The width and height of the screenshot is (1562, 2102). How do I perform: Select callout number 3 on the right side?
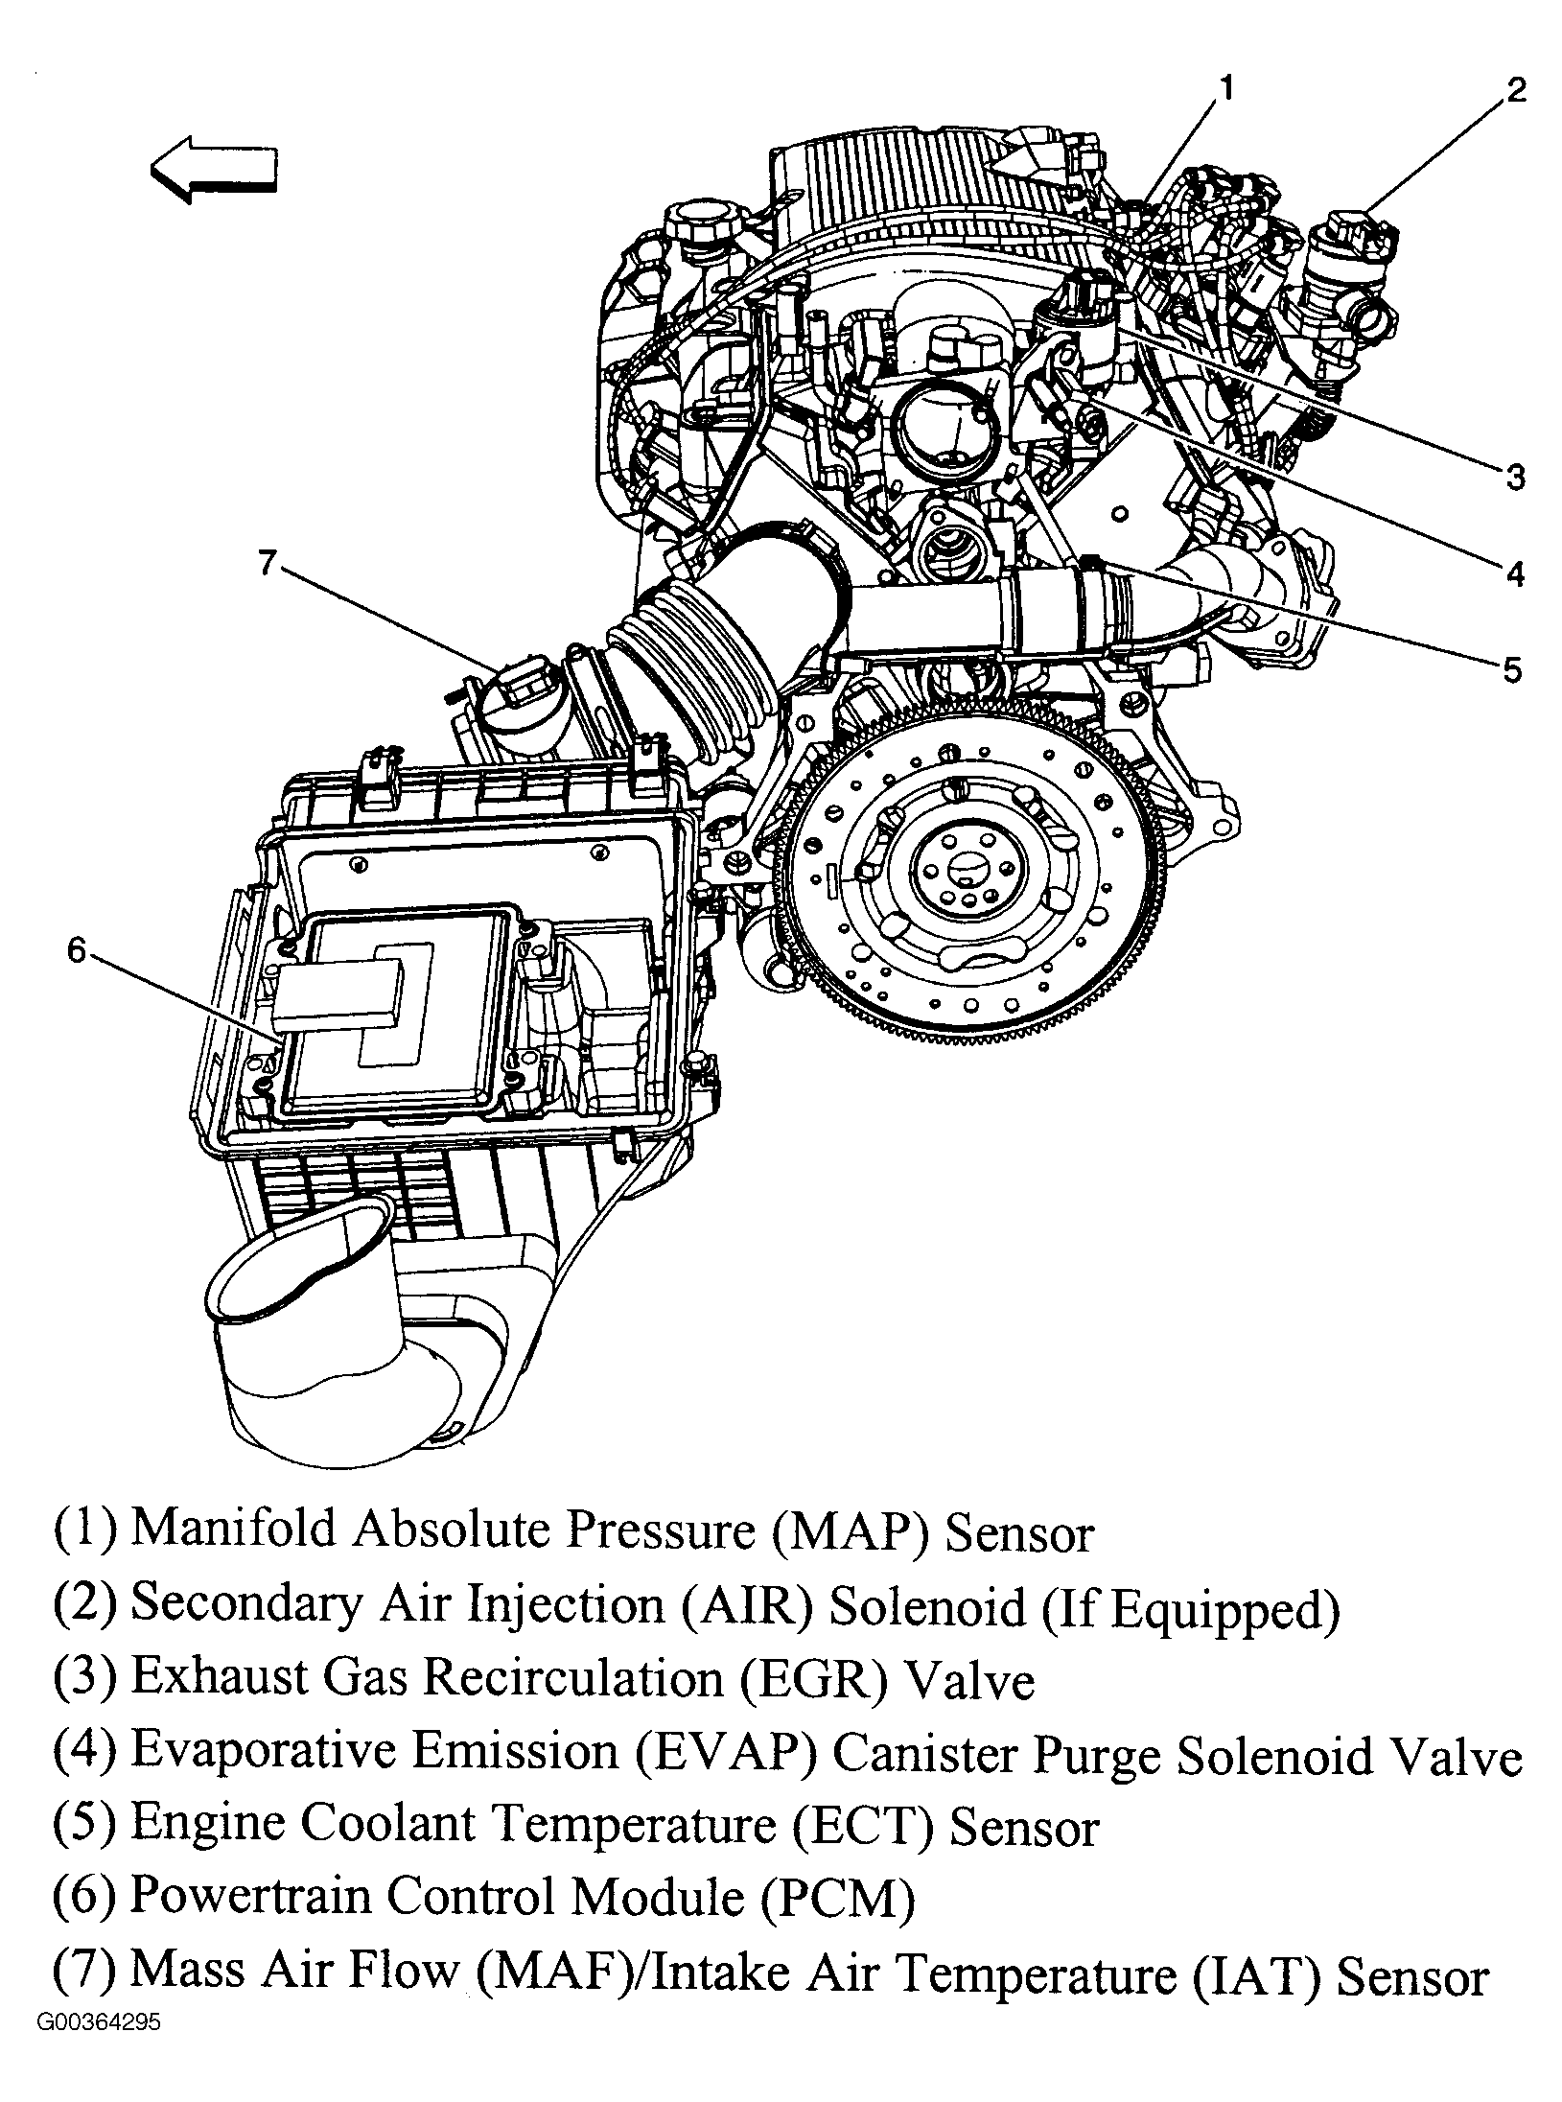pos(1514,476)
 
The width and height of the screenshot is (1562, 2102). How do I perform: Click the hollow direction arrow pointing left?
pos(214,174)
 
